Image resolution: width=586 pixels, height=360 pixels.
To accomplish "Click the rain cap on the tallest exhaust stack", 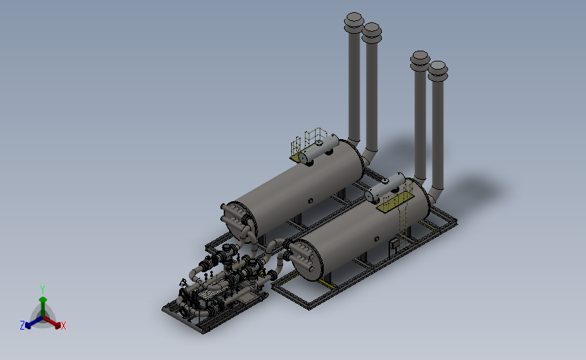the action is coord(353,22).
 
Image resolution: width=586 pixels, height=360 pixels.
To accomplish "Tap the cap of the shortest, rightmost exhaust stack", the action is coord(437,71).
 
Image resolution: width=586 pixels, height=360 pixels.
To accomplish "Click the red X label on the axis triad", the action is coord(63,326).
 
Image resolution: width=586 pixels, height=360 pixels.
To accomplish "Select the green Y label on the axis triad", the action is coord(42,290).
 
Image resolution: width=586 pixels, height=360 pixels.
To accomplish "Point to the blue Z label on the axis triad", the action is coord(22,326).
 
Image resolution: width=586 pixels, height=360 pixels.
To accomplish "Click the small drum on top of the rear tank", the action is coord(318,149).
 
